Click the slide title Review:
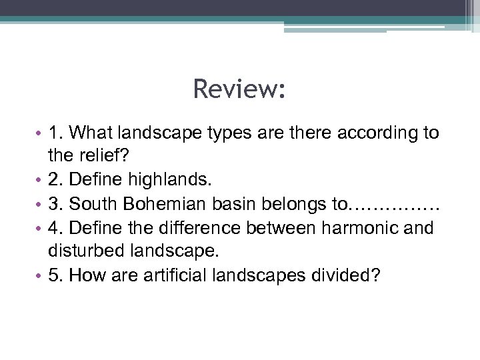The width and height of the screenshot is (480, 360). (x=239, y=89)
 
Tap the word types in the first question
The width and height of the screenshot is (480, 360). (x=223, y=133)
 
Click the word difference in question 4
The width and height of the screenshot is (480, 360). (x=201, y=228)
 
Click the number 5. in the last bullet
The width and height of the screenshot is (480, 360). (x=55, y=276)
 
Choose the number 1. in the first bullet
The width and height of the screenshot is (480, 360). (x=55, y=133)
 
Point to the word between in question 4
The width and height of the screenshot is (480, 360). (x=283, y=228)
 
